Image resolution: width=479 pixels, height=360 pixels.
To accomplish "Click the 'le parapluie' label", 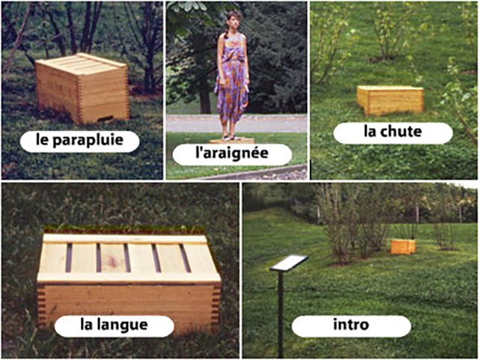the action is [80, 141].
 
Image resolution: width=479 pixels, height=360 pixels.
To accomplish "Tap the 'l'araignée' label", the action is [232, 153].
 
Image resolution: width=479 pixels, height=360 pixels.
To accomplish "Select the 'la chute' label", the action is [393, 133].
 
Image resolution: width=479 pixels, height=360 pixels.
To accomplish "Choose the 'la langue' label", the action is [115, 326].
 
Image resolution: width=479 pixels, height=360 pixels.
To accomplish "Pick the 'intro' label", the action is [351, 326].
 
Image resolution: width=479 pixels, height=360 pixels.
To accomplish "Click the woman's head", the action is [234, 20].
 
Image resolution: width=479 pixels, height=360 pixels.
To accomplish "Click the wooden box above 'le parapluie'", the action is [82, 88].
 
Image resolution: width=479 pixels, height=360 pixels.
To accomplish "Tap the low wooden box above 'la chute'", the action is [391, 100].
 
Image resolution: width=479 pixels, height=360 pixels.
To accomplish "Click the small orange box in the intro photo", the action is [403, 247].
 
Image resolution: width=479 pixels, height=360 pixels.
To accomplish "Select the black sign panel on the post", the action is [289, 263].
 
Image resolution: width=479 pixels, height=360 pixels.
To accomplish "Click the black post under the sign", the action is [281, 314].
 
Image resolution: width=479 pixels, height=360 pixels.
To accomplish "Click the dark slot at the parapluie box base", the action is [105, 118].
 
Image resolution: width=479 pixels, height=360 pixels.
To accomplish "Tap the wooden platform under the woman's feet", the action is [232, 141].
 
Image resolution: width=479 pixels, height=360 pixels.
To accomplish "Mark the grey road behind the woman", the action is [237, 123].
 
